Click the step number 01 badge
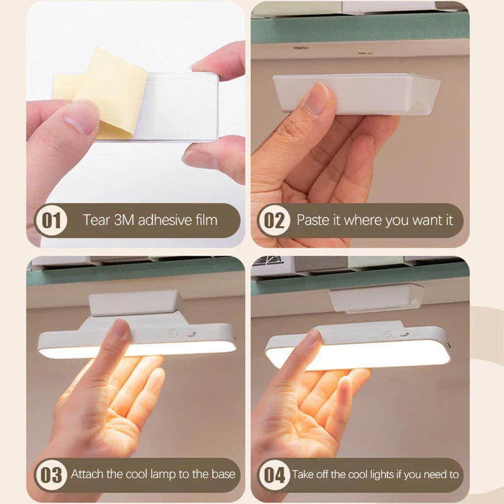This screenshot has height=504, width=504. [x=51, y=220]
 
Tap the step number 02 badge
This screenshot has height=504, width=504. [x=274, y=220]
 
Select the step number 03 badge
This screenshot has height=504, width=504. [x=51, y=475]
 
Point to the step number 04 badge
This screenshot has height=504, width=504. [x=274, y=475]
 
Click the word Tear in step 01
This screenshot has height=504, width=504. [x=96, y=220]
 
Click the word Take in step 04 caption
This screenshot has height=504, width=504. [x=302, y=474]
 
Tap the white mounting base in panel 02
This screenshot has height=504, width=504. [x=357, y=93]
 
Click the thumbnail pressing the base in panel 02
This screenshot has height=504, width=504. [x=316, y=98]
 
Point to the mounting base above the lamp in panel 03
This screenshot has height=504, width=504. [x=134, y=303]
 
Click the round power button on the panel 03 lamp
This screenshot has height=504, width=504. [x=173, y=333]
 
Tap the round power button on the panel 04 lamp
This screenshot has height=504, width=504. [x=388, y=335]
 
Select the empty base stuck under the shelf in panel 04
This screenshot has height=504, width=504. [x=377, y=299]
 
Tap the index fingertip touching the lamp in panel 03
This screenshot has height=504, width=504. [x=120, y=328]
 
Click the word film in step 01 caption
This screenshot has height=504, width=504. [x=206, y=220]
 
